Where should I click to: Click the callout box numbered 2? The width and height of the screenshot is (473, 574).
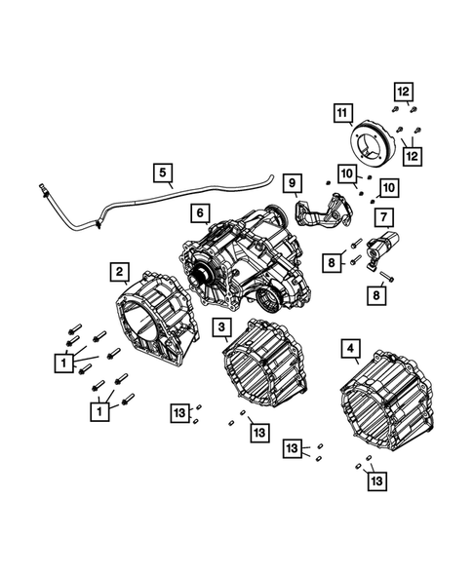[118, 270]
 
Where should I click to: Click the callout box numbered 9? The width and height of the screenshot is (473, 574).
[290, 181]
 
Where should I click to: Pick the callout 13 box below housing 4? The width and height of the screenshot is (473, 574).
[375, 479]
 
